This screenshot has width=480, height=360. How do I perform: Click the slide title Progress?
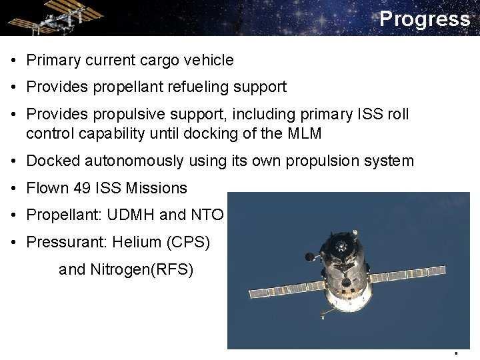click(x=424, y=19)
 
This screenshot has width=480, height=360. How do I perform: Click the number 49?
click(x=82, y=189)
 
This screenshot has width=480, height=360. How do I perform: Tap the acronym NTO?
click(x=207, y=215)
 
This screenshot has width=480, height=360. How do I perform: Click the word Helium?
click(x=137, y=242)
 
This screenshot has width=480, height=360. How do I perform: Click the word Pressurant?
click(x=65, y=242)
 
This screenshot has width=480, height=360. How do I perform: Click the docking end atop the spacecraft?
click(x=342, y=244)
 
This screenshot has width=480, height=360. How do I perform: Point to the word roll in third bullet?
click(x=397, y=114)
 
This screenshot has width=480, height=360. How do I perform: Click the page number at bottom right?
click(x=456, y=352)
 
